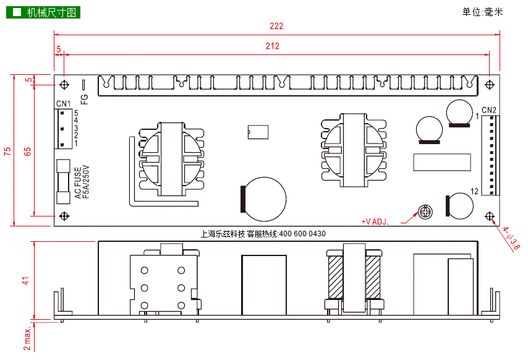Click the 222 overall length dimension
276,26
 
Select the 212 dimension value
273,46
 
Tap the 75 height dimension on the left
7,151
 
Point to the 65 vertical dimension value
28,151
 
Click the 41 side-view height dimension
26,281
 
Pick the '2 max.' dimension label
27,338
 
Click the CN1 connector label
63,104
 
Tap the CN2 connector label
489,110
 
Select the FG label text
84,99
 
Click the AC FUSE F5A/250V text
82,182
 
